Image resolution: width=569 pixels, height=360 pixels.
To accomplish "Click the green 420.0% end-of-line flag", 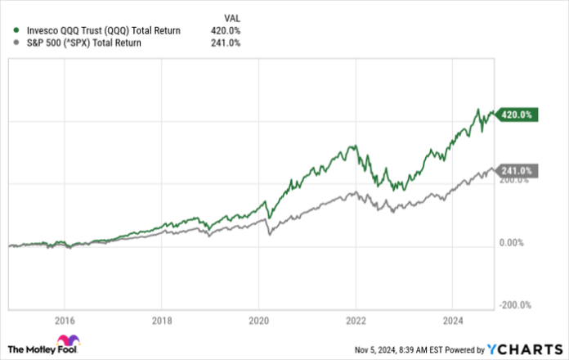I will pos(517,115).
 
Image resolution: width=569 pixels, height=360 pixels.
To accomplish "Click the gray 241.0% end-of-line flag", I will pos(517,171).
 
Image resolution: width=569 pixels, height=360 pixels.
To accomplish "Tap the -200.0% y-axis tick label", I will pos(516,305).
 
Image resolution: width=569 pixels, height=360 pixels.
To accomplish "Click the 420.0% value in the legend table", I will pos(225,31).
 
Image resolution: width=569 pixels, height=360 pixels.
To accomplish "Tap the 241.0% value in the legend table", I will pos(225,43).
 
